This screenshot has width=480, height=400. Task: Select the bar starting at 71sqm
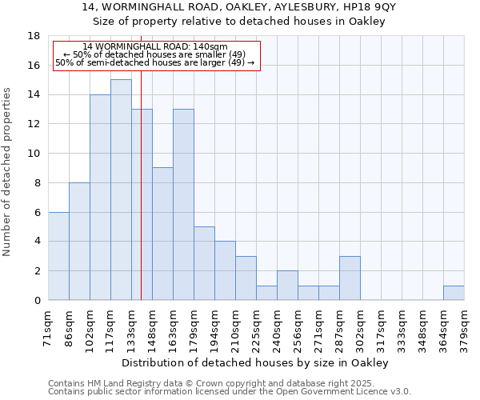click(58, 256)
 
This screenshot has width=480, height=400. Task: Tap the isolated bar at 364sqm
click(454, 293)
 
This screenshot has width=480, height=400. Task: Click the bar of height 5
click(204, 263)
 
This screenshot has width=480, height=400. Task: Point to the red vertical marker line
click(141, 200)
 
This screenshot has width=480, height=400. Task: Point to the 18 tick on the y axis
click(34, 36)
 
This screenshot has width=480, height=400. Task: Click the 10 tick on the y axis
click(34, 154)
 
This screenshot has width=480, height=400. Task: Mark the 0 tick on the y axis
click(37, 300)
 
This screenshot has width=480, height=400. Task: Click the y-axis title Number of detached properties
click(8, 168)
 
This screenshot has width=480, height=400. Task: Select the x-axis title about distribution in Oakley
click(255, 362)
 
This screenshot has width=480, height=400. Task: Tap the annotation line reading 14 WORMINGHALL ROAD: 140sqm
click(155, 47)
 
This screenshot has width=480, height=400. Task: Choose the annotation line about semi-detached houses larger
click(155, 62)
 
